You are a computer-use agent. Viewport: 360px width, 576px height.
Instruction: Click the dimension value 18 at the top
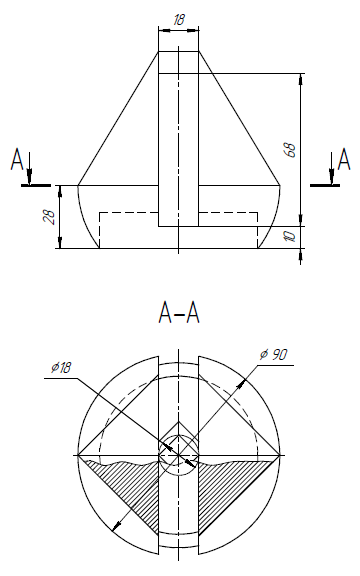coord(179,20)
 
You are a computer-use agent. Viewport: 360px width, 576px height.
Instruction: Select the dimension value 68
coord(291,150)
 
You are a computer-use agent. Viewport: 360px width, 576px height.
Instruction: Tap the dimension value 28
coord(49,217)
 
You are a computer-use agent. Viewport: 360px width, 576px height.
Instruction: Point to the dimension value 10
coord(291,237)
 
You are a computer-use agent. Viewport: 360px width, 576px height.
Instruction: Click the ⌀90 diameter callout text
coord(273,354)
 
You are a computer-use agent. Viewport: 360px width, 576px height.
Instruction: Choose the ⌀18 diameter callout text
coord(61,367)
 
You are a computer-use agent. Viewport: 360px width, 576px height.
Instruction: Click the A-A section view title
coord(179,313)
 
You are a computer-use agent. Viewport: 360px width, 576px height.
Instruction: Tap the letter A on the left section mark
coord(17,159)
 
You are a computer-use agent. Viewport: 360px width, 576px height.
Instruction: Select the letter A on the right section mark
coord(344,159)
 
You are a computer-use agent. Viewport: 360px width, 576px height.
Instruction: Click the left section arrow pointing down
coord(30,168)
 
